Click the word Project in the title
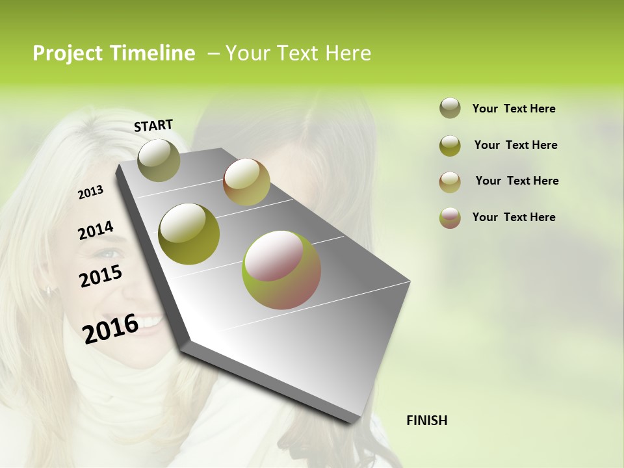point(68,53)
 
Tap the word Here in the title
point(348,53)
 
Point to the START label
point(153,125)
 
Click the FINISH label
point(426,421)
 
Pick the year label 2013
point(91,192)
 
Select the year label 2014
point(96,230)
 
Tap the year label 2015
point(101,276)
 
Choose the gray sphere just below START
point(159,160)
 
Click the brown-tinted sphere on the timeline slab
point(246,182)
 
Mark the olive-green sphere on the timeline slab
point(189,233)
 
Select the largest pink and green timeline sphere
point(281,269)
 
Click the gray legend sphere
point(450,108)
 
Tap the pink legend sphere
point(450,218)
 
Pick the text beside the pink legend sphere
point(513,217)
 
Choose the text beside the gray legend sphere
point(513,109)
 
